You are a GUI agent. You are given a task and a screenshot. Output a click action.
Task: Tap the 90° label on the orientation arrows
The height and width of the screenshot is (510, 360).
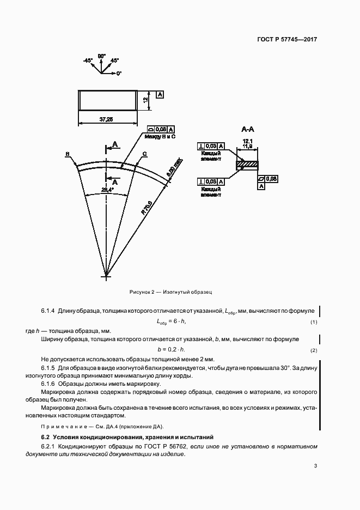point(101,56)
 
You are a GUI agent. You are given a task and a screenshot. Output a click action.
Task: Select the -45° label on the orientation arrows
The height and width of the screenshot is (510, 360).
point(88,60)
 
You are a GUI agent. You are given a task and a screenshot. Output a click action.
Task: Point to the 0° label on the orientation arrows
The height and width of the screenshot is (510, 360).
point(118,72)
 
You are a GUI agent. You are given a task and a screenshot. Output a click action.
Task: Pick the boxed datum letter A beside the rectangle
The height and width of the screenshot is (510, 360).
point(160,95)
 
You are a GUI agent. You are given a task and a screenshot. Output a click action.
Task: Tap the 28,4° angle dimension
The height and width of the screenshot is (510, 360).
point(107,189)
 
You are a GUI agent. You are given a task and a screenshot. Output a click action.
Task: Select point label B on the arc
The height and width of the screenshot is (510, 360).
point(67,154)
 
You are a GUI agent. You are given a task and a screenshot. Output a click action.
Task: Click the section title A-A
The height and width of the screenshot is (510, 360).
point(248,129)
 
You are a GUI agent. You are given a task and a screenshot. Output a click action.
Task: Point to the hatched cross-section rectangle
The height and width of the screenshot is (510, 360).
point(248,164)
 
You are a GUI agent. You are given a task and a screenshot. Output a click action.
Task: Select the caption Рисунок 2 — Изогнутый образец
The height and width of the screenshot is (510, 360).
point(170,293)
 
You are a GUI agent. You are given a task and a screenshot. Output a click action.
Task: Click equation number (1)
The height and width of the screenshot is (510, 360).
point(314,323)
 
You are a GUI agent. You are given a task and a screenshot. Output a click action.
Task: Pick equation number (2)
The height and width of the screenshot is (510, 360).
point(314,350)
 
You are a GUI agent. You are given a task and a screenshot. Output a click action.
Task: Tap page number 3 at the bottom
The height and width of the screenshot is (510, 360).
point(315,465)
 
